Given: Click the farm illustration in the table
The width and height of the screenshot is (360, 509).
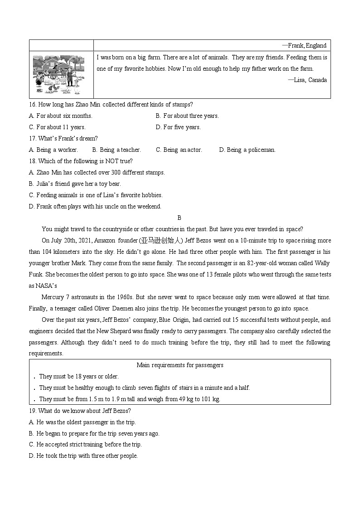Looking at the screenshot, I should click(x=59, y=74).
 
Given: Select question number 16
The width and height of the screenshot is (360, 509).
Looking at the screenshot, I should click(x=32, y=104).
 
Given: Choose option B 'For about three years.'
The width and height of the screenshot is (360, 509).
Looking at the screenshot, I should click(x=187, y=116).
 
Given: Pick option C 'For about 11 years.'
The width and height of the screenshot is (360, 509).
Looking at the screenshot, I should click(x=57, y=127).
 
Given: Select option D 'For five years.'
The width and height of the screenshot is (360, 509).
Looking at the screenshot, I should click(x=178, y=127).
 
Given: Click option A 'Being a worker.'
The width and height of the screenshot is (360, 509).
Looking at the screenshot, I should click(x=54, y=150).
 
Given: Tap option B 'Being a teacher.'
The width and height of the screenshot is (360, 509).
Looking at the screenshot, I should click(x=117, y=150).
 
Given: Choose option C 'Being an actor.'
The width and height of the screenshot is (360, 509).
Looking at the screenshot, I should click(x=179, y=150).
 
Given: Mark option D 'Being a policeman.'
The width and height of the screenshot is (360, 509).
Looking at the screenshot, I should click(x=247, y=150).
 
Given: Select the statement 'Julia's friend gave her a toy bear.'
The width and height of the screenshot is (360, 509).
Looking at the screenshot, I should click(x=75, y=184).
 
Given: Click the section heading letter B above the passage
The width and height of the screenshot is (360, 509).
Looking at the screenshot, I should click(x=180, y=218).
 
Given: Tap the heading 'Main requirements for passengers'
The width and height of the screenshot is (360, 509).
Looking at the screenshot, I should click(x=180, y=365).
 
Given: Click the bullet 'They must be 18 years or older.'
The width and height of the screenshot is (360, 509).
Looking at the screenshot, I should click(x=78, y=376).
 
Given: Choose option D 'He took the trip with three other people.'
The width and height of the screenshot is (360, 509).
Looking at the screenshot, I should click(x=83, y=456).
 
